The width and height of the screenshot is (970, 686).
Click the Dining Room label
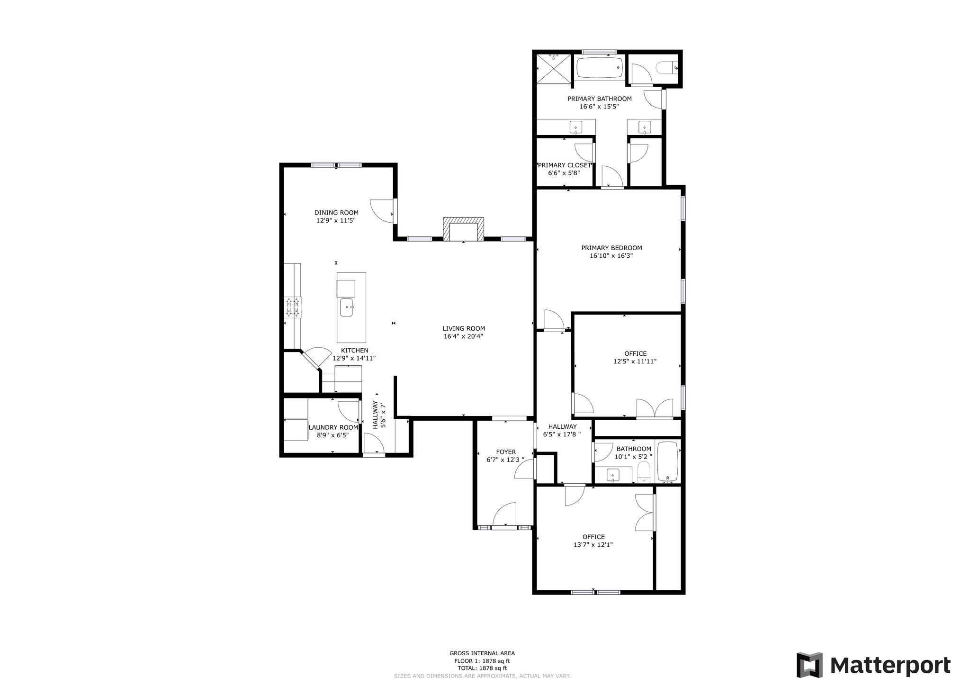click(336, 213)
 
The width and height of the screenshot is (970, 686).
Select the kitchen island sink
click(347, 307)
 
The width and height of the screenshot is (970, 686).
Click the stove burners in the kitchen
click(293, 307)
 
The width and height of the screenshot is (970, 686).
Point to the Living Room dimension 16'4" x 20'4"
click(463, 336)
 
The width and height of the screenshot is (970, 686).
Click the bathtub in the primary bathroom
click(600, 68)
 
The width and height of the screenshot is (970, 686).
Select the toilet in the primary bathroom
click(666, 68)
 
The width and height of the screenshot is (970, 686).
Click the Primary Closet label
click(564, 165)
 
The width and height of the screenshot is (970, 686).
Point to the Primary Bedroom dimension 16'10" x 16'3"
click(611, 256)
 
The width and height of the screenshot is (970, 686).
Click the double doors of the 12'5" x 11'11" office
click(655, 408)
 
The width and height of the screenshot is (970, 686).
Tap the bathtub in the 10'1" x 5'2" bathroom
click(668, 461)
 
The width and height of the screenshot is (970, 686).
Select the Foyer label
click(506, 452)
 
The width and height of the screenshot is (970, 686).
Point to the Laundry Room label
click(333, 427)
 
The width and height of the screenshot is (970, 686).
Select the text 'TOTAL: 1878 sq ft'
click(482, 668)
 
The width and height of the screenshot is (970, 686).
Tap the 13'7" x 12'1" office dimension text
click(593, 545)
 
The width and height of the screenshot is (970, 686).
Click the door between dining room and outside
click(384, 211)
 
